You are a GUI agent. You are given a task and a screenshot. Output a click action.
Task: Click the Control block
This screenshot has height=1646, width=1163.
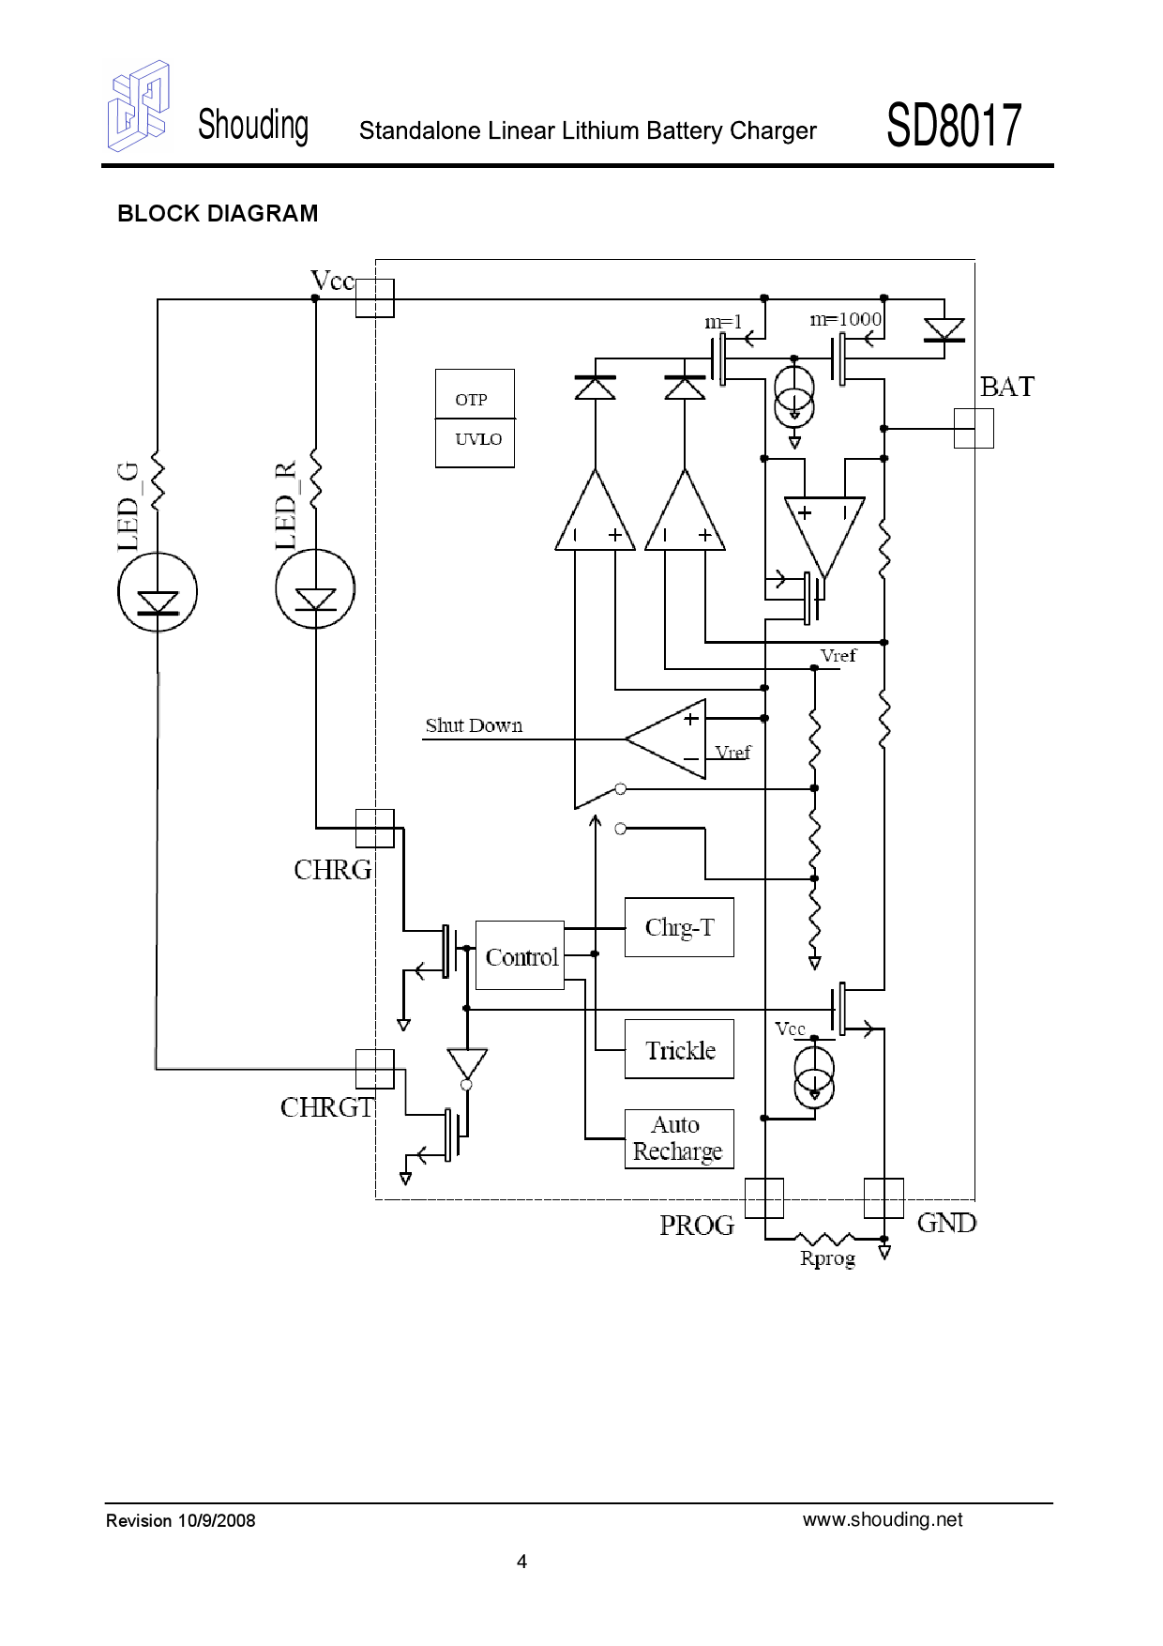[520, 955]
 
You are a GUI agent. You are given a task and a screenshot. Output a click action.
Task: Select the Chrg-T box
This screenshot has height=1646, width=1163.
[679, 927]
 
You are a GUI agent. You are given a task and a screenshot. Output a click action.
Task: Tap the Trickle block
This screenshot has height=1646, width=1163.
[679, 1049]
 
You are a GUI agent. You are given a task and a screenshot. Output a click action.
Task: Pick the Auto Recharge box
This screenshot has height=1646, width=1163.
[679, 1138]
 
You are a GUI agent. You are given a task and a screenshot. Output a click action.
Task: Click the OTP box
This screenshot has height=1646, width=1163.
[475, 395]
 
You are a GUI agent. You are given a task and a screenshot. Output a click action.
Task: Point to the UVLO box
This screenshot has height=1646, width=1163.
[475, 442]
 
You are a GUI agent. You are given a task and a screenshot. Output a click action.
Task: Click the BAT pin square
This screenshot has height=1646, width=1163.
[974, 428]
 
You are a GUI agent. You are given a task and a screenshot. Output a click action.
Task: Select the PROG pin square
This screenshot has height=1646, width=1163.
[764, 1197]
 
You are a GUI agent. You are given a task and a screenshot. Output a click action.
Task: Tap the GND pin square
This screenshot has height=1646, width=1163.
[884, 1197]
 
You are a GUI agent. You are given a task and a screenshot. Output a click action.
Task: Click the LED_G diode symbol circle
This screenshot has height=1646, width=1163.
[158, 592]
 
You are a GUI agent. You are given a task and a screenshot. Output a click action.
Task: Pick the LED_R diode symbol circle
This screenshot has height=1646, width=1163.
[315, 589]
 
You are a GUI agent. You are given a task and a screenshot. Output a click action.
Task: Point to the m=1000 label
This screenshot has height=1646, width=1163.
[845, 319]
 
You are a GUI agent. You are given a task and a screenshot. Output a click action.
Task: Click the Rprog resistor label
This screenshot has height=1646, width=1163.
[827, 1258]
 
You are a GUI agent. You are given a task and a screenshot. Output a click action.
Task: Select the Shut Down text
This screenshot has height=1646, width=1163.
[474, 725]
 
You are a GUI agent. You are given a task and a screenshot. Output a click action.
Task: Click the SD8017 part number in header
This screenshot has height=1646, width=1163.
[953, 126]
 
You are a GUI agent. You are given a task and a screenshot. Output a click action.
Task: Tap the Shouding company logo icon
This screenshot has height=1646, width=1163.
[139, 106]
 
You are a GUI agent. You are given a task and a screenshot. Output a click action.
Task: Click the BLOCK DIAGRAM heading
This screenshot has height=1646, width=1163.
[218, 214]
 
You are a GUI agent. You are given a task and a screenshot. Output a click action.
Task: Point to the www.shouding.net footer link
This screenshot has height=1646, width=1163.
[882, 1519]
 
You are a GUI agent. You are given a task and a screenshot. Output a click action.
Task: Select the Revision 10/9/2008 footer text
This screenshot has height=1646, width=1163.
[180, 1520]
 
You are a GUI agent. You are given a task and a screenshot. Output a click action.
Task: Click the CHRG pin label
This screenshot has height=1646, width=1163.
[332, 870]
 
